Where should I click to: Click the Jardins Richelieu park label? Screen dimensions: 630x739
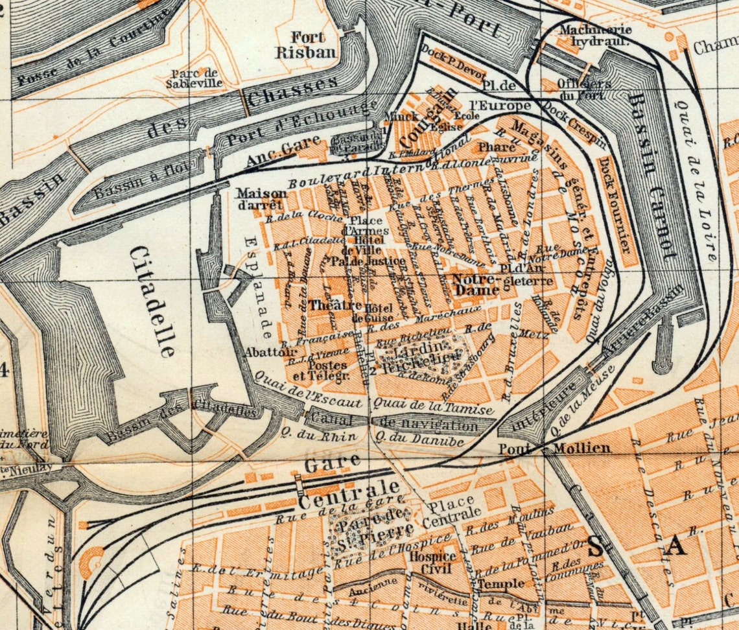pos(422,357)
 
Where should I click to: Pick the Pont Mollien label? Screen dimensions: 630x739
pos(554,448)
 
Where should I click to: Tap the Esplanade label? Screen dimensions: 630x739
pos(257,288)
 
